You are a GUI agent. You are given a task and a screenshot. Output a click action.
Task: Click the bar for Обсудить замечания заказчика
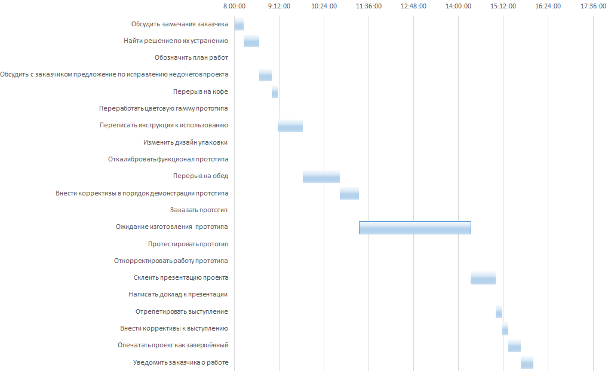pos(239,24)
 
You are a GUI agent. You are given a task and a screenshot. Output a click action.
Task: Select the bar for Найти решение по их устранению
pos(251,41)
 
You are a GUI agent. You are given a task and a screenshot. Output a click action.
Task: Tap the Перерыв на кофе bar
pos(275,92)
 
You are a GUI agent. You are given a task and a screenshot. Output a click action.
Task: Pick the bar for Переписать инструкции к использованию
pos(290,126)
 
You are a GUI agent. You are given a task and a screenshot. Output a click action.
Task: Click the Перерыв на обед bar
pos(321,176)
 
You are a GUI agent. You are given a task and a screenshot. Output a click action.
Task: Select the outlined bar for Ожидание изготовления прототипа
pos(414,227)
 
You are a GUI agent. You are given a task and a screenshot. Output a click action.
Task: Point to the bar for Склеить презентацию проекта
pos(483,278)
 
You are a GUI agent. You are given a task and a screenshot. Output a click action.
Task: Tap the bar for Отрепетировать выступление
pos(499,312)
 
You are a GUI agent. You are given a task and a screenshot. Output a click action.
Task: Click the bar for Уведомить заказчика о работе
pos(527,363)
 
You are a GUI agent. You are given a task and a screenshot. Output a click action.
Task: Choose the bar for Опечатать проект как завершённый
pos(514,346)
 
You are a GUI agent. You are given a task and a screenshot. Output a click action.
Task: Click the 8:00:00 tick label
pos(234,7)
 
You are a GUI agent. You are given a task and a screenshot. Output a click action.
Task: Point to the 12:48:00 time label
pos(413,7)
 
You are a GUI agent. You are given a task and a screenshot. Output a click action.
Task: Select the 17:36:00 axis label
pos(592,7)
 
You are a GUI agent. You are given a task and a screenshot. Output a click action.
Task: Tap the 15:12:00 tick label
pos(503,7)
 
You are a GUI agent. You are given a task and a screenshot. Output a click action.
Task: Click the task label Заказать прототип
pos(199,210)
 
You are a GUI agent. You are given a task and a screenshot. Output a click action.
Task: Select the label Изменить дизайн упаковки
pos(186,142)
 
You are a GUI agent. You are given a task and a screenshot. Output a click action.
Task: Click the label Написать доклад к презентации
pos(178,295)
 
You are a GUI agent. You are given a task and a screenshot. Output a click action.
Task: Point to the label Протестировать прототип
pos(188,244)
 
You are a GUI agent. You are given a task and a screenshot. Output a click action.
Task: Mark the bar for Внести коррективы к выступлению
pos(505,329)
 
